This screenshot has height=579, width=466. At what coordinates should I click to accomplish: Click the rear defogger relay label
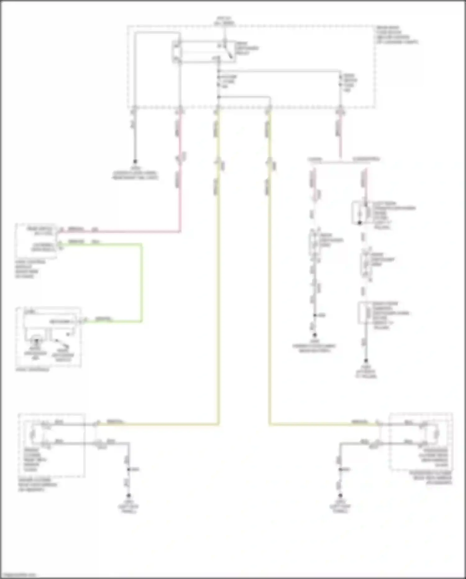pos(247,49)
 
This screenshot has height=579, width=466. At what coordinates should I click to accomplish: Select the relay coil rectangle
pos(177,52)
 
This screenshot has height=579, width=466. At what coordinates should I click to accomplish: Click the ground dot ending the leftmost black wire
pos(135,162)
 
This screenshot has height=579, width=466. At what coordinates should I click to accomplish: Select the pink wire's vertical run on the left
pos(180,199)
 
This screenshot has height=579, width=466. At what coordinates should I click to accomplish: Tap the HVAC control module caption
pos(30,269)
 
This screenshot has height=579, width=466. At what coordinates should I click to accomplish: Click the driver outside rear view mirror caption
pos(37,485)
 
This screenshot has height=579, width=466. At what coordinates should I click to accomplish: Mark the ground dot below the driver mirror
pos(128,495)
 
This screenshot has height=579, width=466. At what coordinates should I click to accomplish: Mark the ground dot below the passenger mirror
pos(340,495)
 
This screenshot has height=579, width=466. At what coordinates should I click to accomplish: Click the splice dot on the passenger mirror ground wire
pos(340,469)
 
